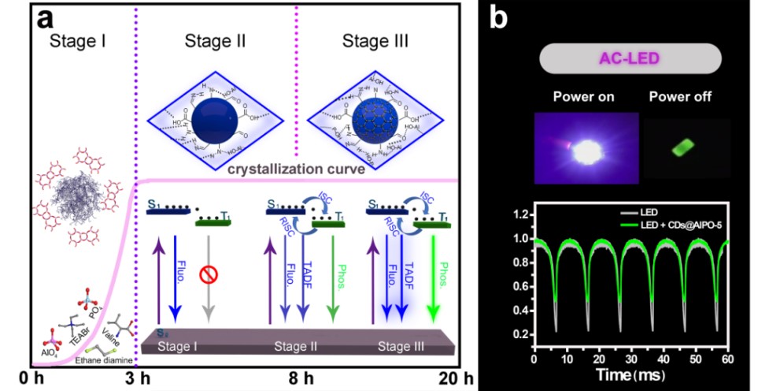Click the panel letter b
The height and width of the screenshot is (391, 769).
click(x=497, y=17)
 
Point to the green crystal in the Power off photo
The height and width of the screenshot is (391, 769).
click(x=681, y=148)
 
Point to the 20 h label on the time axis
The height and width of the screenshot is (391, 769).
click(x=456, y=377)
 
